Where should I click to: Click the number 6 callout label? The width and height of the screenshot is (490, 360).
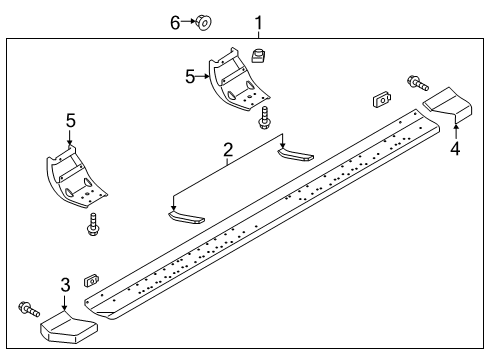pyautogui.click(x=175, y=21)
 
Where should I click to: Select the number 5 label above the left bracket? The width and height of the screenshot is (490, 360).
pyautogui.click(x=70, y=120)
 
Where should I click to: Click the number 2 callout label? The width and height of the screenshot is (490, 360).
pyautogui.click(x=228, y=150)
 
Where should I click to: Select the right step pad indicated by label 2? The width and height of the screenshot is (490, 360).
pyautogui.click(x=294, y=153)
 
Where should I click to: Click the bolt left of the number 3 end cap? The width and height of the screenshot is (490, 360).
pyautogui.click(x=27, y=309)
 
